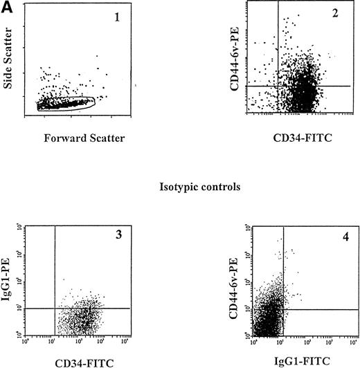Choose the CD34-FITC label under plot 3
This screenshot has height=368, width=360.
coord(76,360)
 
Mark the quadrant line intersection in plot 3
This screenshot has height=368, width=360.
coord(54,308)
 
